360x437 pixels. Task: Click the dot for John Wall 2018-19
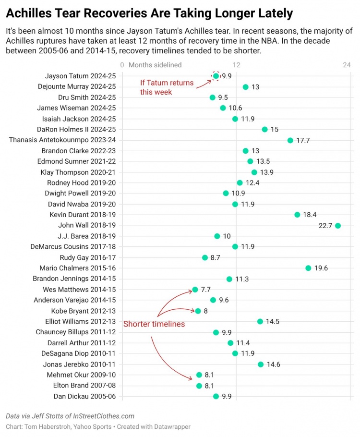338,225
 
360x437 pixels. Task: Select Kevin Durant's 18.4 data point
297,215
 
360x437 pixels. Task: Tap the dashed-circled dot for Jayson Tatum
216,76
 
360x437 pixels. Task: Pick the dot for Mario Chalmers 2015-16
308,268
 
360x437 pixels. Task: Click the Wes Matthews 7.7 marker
195,290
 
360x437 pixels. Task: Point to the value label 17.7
303,140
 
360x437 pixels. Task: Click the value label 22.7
325,225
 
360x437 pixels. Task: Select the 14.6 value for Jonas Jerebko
273,364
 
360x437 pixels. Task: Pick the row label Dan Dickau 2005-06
85,396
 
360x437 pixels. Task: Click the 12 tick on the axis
236,65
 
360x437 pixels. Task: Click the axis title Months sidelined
155,65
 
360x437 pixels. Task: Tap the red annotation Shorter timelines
154,324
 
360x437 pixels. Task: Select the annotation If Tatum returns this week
167,87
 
